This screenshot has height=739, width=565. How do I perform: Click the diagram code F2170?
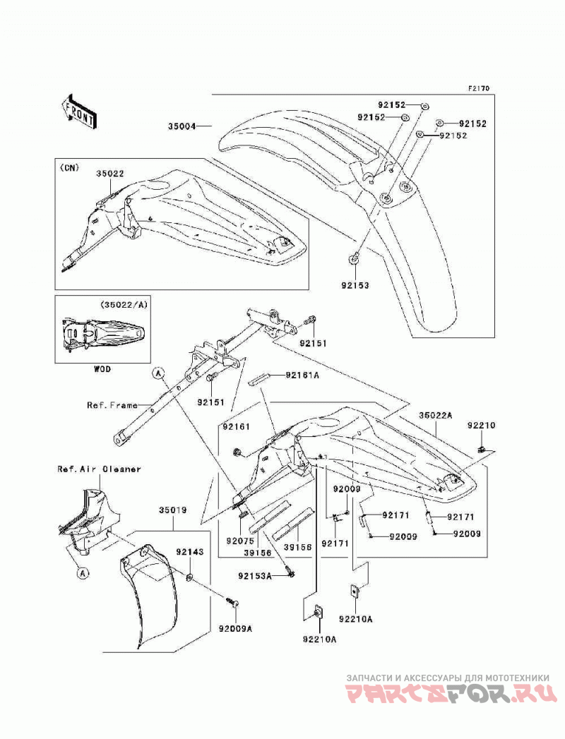point(479,88)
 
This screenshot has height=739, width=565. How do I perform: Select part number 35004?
point(182,126)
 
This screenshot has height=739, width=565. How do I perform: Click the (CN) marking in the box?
point(69,167)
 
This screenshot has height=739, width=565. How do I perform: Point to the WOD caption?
point(102,369)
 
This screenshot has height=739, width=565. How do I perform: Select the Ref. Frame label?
point(112,405)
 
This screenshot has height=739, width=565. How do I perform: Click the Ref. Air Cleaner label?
point(99,469)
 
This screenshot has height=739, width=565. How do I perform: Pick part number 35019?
point(172,510)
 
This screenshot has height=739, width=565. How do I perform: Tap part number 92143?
point(190,551)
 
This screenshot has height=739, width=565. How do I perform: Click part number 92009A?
point(235,628)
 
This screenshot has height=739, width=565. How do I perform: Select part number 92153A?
point(255,575)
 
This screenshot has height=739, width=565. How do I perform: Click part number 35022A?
point(436,415)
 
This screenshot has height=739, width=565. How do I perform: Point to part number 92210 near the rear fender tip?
point(482,425)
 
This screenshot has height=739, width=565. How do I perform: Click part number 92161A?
point(302,375)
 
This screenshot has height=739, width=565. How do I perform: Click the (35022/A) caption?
point(124,304)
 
